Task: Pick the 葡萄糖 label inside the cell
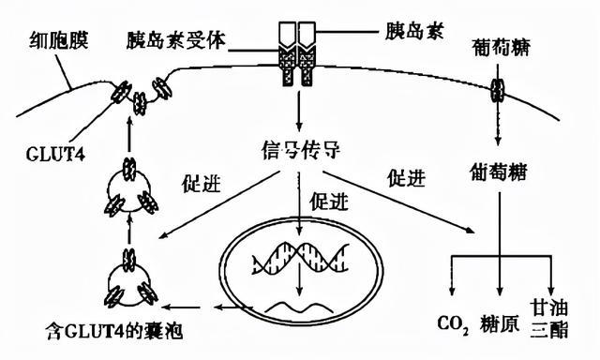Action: [x=498, y=171]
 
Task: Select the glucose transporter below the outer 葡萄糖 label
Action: [x=498, y=94]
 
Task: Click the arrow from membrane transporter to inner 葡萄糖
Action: [x=498, y=131]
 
